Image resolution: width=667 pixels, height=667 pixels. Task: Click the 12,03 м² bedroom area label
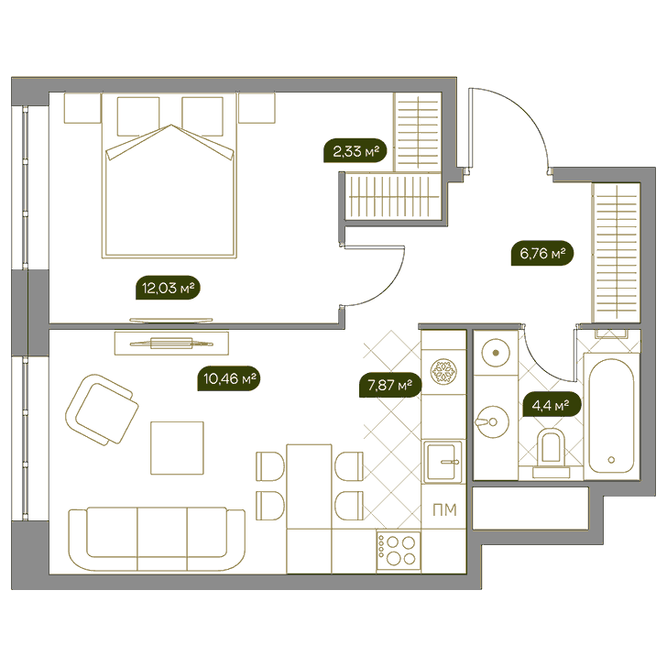click(168, 288)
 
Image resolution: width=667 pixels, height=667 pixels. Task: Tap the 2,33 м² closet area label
click(355, 151)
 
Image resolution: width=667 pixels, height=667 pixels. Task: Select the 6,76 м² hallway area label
click(542, 254)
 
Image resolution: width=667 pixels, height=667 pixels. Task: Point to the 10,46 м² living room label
click(229, 378)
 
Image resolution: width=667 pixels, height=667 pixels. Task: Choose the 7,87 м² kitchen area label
click(390, 386)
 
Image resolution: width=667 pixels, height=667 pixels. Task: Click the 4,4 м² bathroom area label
click(550, 405)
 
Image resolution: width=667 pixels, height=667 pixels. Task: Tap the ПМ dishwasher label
click(444, 509)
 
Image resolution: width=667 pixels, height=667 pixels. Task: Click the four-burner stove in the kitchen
click(399, 551)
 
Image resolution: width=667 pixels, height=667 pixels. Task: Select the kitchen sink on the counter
click(443, 462)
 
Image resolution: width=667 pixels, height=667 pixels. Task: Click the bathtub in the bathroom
click(611, 416)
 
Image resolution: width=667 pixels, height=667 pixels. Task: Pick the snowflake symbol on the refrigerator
click(443, 371)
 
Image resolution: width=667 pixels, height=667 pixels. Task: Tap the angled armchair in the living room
click(102, 410)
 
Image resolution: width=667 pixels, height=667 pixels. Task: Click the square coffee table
click(177, 448)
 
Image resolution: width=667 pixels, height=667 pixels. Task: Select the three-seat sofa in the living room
click(157, 539)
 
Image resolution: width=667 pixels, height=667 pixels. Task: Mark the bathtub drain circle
click(611, 460)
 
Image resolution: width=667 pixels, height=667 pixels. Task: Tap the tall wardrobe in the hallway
click(617, 253)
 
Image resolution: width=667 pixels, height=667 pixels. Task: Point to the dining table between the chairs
click(310, 487)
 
